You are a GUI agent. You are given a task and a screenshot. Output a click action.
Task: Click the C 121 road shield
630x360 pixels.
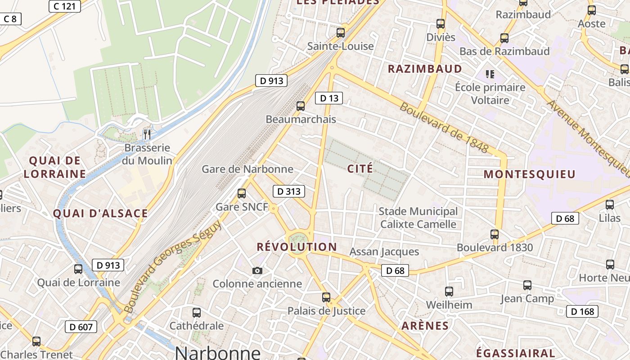[64, 6]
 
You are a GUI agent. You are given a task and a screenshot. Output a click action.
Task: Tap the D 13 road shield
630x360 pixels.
[328, 98]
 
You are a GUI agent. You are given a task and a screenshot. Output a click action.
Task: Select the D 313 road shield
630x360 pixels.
[288, 191]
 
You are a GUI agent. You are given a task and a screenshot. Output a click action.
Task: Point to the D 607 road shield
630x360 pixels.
[81, 327]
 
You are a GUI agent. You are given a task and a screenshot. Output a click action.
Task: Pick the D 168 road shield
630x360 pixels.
[582, 311]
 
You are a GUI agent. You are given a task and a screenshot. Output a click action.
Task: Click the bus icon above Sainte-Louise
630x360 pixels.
[341, 32]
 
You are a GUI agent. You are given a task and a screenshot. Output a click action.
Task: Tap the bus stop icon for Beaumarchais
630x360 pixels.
[301, 106]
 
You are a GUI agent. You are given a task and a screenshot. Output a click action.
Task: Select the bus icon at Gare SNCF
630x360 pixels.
[242, 193]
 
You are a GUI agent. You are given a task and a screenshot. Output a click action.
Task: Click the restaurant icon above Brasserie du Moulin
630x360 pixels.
[147, 134]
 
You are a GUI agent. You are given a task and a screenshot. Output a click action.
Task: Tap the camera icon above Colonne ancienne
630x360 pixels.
[257, 270]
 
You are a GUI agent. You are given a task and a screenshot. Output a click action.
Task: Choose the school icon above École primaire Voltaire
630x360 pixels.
[490, 74]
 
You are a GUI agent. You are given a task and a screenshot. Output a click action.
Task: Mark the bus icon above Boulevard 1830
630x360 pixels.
[495, 234]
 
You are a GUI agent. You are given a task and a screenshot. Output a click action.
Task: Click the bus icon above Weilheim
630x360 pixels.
[449, 292]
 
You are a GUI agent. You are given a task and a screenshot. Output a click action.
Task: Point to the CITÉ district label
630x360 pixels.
[360, 169]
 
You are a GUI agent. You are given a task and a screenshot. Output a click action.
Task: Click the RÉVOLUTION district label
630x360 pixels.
[297, 247]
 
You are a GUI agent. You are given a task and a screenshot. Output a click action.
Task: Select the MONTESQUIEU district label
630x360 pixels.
[530, 175]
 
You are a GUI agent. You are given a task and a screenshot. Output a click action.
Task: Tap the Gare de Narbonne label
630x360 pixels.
[247, 169]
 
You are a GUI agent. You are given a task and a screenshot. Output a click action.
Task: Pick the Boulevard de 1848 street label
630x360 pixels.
[444, 127]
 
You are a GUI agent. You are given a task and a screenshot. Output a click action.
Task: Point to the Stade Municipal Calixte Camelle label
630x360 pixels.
[418, 217]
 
